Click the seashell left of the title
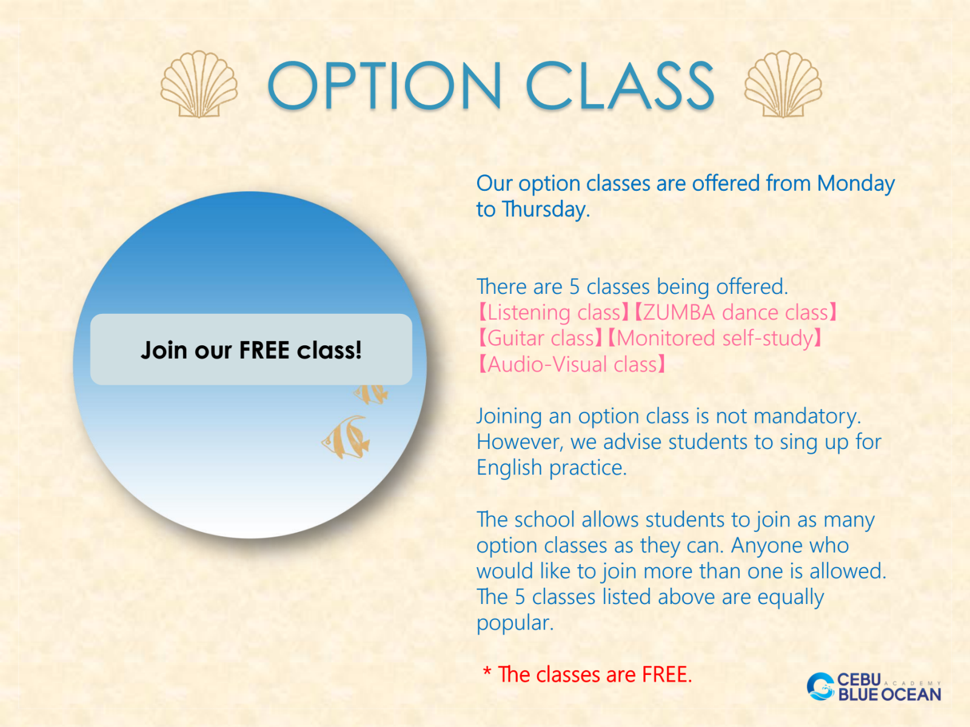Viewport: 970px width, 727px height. coord(199,84)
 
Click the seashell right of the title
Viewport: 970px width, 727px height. coord(783,84)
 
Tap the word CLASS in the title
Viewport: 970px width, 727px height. coord(620,85)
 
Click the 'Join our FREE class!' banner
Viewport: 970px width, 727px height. coord(251,350)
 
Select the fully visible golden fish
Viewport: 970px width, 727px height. coord(346,437)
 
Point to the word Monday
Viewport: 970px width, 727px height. coord(855,184)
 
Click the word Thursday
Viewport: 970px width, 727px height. coord(545,209)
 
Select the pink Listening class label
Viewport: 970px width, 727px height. coord(554,313)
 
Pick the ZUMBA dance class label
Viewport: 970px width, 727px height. coord(735,313)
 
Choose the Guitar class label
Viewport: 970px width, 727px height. coord(540,339)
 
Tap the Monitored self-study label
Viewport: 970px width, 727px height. coord(715,339)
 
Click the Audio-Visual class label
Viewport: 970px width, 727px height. coord(572,365)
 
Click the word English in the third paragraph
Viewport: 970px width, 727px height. coord(509,468)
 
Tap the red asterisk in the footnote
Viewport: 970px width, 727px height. coord(487,672)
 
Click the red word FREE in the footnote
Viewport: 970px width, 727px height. coord(667,674)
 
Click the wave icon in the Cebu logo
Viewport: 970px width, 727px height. coord(821,686)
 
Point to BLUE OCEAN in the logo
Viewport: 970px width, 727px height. coord(889,694)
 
